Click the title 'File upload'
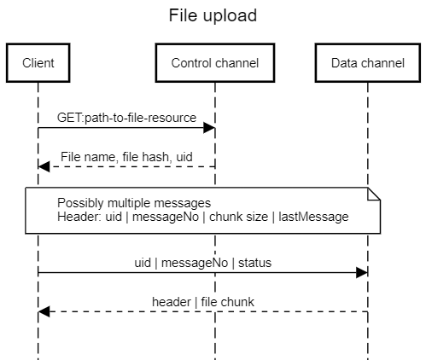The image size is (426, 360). point(213,15)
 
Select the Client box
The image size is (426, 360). point(38,62)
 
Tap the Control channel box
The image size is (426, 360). point(214,62)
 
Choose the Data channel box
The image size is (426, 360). point(368,62)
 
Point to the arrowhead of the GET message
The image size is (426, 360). point(209,129)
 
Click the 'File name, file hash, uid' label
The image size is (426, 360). point(125,156)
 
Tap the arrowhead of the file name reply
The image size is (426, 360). point(44,167)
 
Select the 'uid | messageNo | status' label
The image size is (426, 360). point(204,262)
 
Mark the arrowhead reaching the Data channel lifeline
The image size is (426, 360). point(362,273)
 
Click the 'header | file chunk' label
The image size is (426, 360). point(202,301)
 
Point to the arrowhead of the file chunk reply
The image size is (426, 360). point(44,312)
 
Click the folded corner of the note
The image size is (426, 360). point(372,195)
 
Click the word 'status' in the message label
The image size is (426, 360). point(254,262)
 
